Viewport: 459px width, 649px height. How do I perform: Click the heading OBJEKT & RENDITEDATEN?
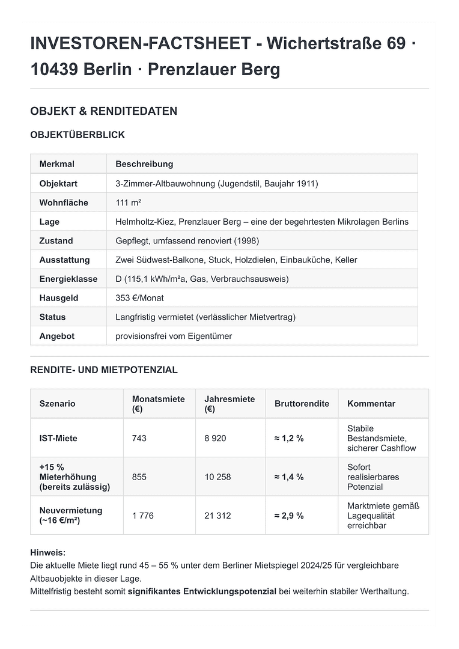pyautogui.click(x=103, y=111)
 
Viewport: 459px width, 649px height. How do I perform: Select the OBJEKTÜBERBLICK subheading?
pyautogui.click(x=78, y=135)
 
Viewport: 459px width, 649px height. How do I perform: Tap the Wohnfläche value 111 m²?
pyautogui.click(x=128, y=203)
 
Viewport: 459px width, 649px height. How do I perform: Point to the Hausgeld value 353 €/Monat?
pyautogui.click(x=139, y=298)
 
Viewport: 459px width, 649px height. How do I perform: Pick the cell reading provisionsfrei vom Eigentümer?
pyautogui.click(x=174, y=336)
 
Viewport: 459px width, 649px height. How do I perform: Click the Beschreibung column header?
pyautogui.click(x=144, y=164)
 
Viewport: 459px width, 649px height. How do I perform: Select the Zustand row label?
pyautogui.click(x=56, y=241)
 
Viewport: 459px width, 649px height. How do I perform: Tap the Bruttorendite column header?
pyautogui.click(x=302, y=404)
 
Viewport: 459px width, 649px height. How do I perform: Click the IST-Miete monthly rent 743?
pyautogui.click(x=139, y=438)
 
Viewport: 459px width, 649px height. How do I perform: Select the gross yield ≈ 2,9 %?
pyautogui.click(x=289, y=516)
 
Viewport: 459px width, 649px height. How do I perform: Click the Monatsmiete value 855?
pyautogui.click(x=139, y=477)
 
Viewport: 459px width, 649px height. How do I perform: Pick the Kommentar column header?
pyautogui.click(x=371, y=404)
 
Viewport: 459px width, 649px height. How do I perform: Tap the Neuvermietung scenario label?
pyautogui.click(x=71, y=516)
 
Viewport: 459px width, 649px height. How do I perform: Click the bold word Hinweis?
pyautogui.click(x=47, y=552)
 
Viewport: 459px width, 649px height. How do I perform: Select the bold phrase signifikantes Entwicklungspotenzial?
pyautogui.click(x=202, y=591)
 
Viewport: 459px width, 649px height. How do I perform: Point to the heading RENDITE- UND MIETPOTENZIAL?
pyautogui.click(x=104, y=370)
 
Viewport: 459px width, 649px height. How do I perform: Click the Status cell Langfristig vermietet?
pyautogui.click(x=205, y=317)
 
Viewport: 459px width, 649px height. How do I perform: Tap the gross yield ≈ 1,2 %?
pyautogui.click(x=289, y=438)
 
